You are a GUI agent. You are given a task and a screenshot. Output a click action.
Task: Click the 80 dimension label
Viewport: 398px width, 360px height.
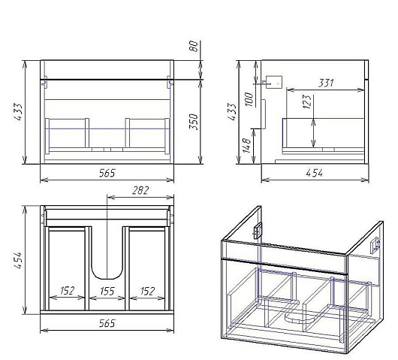[194, 46]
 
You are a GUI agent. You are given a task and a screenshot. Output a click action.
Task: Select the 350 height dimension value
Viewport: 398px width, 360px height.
[194, 122]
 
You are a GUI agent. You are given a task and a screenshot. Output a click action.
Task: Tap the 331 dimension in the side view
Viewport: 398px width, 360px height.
[326, 83]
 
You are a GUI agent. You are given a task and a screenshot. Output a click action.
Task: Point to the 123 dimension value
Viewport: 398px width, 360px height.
[307, 101]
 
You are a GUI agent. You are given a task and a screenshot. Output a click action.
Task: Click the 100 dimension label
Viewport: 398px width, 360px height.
[249, 99]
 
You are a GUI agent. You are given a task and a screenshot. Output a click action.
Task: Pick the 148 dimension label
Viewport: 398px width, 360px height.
[246, 145]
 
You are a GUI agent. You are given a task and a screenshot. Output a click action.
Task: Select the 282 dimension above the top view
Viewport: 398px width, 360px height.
[140, 191]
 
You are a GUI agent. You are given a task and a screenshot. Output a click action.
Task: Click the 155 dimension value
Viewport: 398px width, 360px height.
[107, 291]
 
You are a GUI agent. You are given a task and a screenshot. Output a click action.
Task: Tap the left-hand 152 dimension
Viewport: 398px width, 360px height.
[68, 291]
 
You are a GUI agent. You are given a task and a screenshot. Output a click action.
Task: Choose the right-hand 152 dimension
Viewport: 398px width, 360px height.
[147, 291]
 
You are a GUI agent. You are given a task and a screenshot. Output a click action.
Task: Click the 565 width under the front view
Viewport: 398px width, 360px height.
[107, 174]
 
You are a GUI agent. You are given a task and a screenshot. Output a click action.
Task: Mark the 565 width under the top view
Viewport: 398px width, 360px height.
[107, 323]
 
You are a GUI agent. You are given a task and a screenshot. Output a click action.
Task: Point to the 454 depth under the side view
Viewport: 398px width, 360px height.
[315, 174]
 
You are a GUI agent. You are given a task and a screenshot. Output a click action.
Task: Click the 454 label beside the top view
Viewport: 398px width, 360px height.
[18, 260]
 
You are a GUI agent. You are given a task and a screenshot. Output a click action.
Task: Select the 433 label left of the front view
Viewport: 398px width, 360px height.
[18, 112]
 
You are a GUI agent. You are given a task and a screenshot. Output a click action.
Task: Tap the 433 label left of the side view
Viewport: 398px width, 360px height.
[232, 112]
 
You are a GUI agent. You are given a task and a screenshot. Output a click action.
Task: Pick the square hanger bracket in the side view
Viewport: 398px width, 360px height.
[274, 82]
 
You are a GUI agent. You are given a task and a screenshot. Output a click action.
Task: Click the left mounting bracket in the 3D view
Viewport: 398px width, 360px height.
[258, 231]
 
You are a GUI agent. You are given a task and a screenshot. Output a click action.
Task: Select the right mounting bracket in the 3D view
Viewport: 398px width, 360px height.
[375, 246]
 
